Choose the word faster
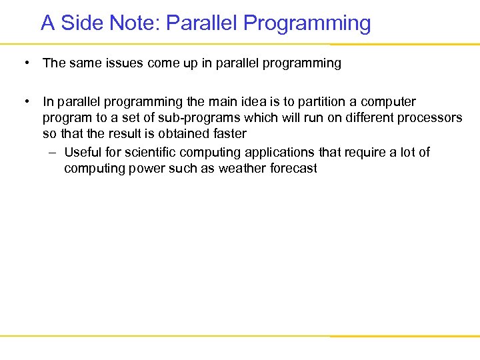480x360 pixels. tap(228, 134)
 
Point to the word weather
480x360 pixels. tap(243, 169)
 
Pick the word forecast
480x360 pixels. tap(293, 169)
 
